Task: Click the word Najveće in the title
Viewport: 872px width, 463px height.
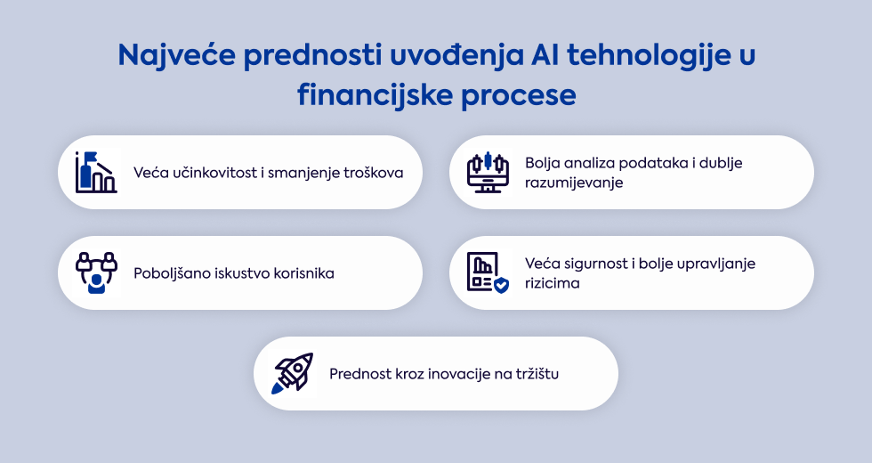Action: [x=176, y=55]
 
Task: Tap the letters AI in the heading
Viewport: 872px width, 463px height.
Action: [x=545, y=54]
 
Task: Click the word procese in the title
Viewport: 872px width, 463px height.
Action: [x=518, y=96]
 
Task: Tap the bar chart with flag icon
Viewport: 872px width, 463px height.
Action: [x=96, y=172]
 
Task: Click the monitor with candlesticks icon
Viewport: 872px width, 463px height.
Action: [x=488, y=172]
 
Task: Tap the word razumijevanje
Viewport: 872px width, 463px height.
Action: [x=574, y=183]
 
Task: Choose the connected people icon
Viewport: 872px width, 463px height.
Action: [x=97, y=272]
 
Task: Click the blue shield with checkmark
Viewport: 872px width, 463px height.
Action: [x=501, y=286]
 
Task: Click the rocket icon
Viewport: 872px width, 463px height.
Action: [x=293, y=373]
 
